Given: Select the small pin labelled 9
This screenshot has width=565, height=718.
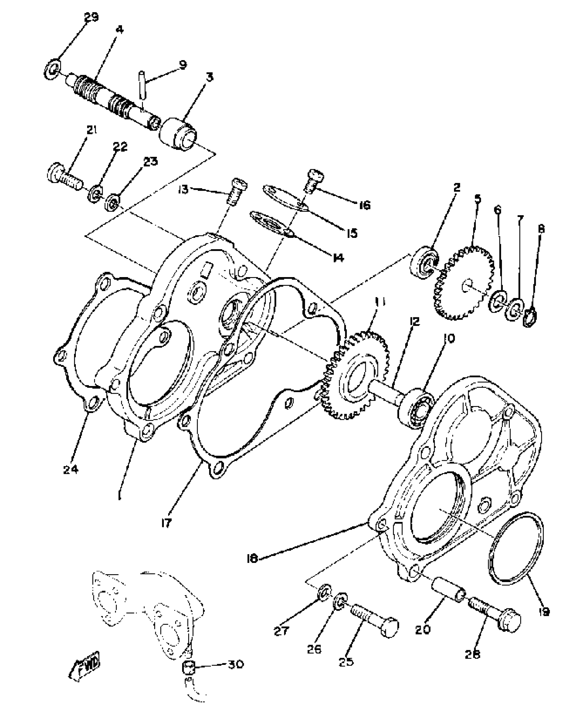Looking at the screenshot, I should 143,85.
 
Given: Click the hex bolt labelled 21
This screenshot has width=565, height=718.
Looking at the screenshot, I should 64,176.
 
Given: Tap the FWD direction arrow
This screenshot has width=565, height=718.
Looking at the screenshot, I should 85,668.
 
